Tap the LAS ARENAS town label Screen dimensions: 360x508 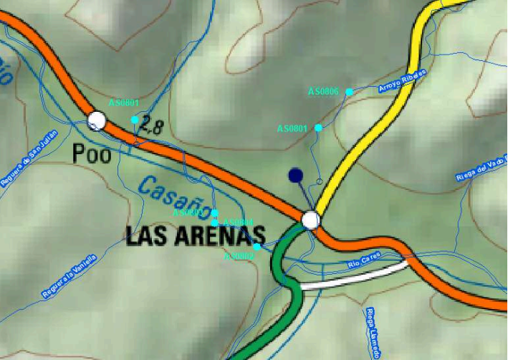click(x=196, y=236)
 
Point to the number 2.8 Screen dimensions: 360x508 click(x=152, y=127)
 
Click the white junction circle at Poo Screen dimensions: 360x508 click(x=95, y=120)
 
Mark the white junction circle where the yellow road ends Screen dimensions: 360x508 click(x=311, y=219)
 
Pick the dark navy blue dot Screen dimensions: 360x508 click(x=294, y=175)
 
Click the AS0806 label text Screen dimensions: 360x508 click(x=323, y=92)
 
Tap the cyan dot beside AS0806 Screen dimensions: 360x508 click(x=349, y=92)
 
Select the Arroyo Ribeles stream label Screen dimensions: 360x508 click(x=402, y=82)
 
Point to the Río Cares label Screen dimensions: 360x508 click(x=364, y=262)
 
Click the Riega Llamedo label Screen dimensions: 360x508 click(x=373, y=333)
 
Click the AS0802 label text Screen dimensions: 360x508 click(x=239, y=255)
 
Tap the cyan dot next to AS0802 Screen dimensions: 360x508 click(x=257, y=247)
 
